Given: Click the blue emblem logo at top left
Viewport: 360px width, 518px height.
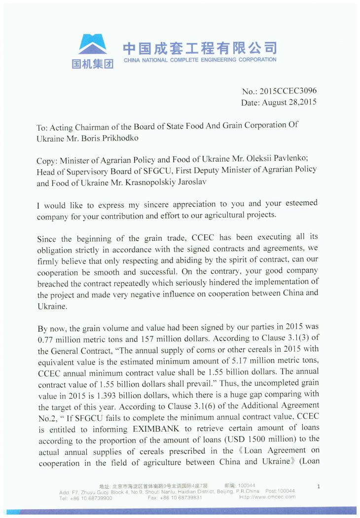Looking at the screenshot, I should click(93, 44).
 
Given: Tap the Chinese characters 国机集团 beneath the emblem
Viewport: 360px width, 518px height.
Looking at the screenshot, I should click(93, 64).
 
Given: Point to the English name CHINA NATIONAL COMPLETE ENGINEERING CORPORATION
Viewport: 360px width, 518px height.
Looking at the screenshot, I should click(200, 60).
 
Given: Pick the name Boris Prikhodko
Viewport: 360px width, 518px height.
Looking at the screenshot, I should click(111, 139).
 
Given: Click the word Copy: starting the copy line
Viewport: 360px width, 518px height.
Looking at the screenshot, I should click(47, 161).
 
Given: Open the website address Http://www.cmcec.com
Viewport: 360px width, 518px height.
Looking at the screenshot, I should click(267, 497).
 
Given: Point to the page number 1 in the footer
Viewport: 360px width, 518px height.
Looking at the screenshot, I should click(318, 487).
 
